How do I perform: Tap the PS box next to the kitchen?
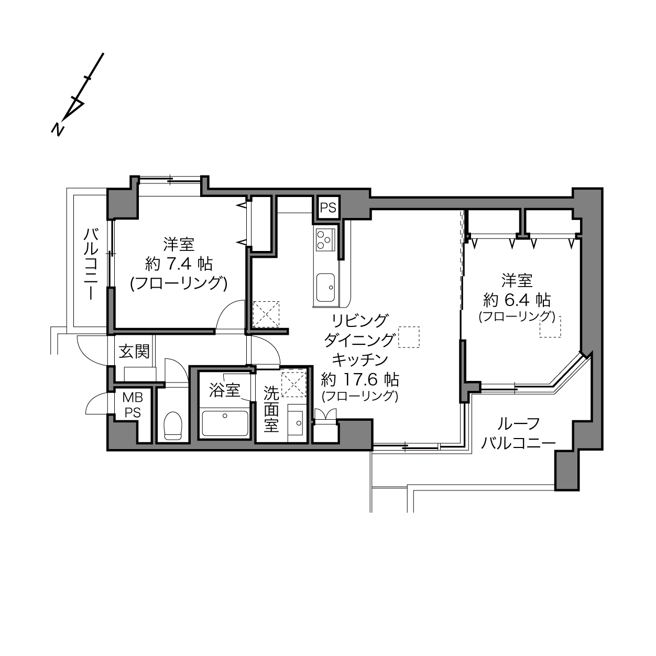328,207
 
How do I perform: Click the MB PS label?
133,405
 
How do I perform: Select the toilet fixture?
173,425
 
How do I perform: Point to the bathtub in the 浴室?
225,423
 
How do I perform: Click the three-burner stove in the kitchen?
325,239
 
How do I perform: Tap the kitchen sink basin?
325,287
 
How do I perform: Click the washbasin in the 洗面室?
295,423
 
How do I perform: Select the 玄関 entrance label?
134,352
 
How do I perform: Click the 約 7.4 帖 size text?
179,264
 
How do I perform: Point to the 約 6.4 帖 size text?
517,300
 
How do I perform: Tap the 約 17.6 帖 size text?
360,379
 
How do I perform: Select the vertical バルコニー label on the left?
91,265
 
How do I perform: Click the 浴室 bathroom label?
225,390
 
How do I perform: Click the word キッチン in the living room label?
360,359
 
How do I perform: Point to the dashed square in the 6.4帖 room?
550,327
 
